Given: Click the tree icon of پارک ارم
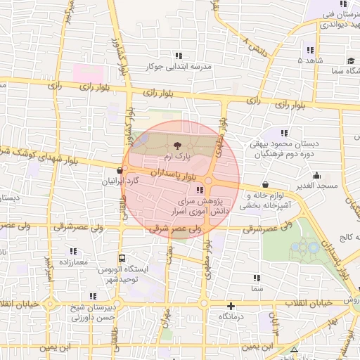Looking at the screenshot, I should (x=176, y=144).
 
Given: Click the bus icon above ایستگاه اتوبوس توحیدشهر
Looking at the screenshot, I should (x=122, y=258).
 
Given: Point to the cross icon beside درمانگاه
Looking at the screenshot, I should (x=231, y=306).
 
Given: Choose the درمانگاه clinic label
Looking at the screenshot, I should (x=231, y=318).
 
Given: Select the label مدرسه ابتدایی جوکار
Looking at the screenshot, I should (x=179, y=67).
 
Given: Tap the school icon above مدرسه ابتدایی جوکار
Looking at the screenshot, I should (x=177, y=56).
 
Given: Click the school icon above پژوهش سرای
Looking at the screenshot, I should (x=200, y=190).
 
